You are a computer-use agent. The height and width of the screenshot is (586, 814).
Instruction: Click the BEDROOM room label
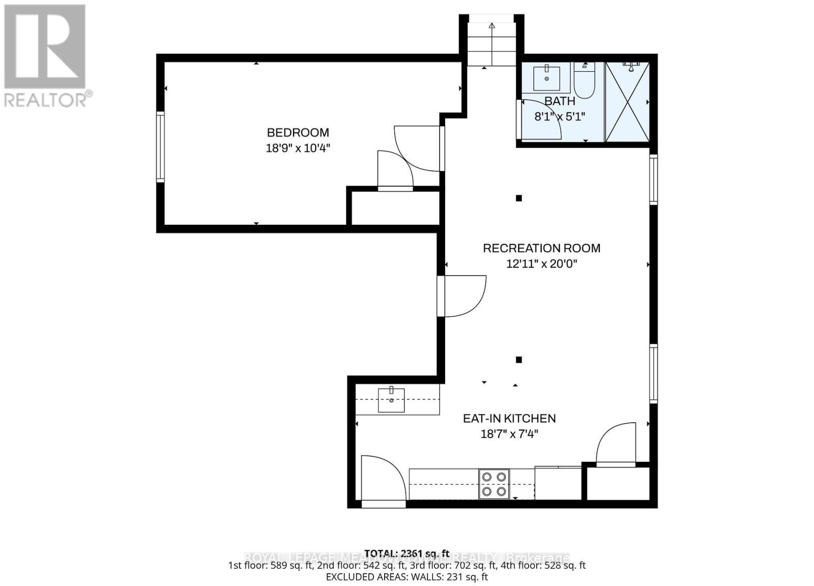coord(298,133)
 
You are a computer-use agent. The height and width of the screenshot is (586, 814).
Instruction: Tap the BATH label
coord(560,101)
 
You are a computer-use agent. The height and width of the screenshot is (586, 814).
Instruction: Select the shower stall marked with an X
coord(627,102)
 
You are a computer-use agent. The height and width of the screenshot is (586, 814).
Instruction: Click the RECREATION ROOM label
coord(541,248)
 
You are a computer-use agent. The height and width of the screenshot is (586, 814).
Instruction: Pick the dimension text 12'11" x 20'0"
coord(541,264)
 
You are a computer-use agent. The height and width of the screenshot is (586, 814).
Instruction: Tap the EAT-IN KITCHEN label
coord(509,419)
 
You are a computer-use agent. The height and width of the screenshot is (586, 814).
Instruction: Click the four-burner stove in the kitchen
coord(494,484)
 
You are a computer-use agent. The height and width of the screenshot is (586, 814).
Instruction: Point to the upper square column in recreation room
coord(518,198)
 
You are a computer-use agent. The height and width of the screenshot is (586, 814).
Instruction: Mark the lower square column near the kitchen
coord(518,360)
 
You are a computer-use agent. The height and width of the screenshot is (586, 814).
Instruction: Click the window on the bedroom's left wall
coord(160,147)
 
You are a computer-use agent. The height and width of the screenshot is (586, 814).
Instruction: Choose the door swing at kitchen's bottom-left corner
coord(382,478)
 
